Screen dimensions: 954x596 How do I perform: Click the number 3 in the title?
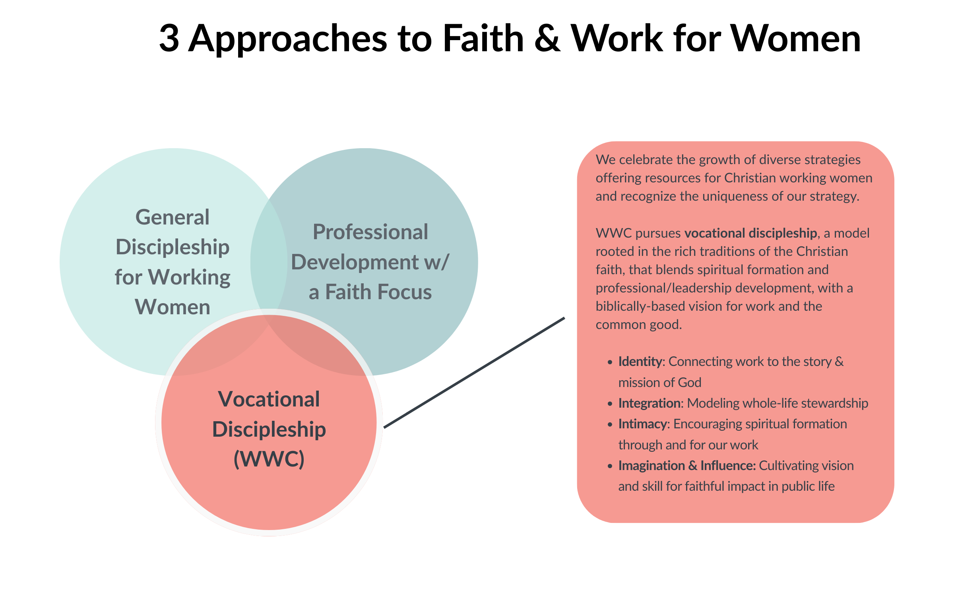point(169,39)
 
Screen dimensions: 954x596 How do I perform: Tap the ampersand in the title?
point(547,39)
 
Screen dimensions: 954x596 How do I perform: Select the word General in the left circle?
point(173,217)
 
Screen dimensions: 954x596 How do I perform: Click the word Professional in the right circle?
point(370,232)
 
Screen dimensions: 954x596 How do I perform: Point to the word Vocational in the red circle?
point(269,399)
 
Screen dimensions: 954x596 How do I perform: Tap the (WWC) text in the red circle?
point(269,459)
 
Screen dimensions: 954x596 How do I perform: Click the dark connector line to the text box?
point(474,373)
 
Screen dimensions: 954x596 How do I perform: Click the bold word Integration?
point(650,403)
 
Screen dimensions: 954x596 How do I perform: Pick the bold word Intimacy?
point(642,424)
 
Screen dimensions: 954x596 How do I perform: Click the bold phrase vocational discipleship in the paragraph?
point(750,233)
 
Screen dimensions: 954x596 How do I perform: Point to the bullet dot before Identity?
point(610,362)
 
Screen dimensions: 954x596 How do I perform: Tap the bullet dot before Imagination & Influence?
point(610,466)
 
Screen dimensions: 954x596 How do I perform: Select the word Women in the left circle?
point(173,307)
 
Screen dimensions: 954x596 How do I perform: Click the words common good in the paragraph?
point(638,325)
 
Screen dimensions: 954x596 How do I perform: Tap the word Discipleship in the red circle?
point(269,430)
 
